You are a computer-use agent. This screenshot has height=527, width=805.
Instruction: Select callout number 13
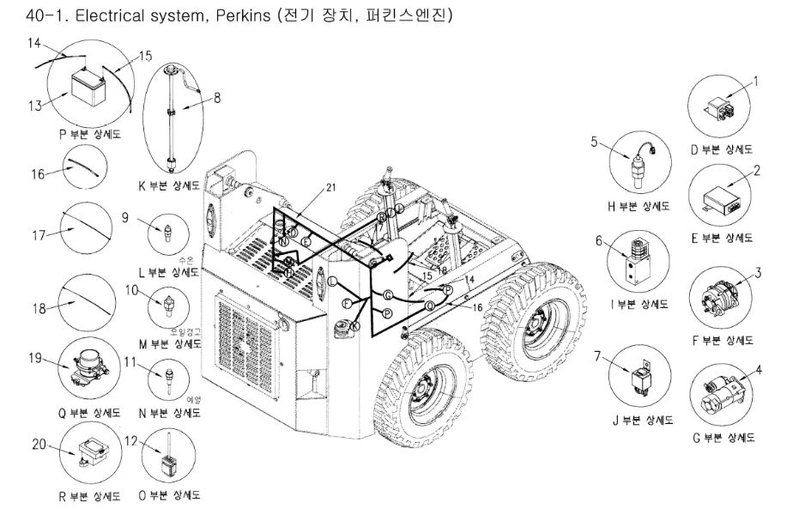34,106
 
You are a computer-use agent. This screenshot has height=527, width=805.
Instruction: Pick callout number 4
758,371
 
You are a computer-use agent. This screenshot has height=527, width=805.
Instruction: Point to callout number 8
217,98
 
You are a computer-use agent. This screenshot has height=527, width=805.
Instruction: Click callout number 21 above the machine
330,188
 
